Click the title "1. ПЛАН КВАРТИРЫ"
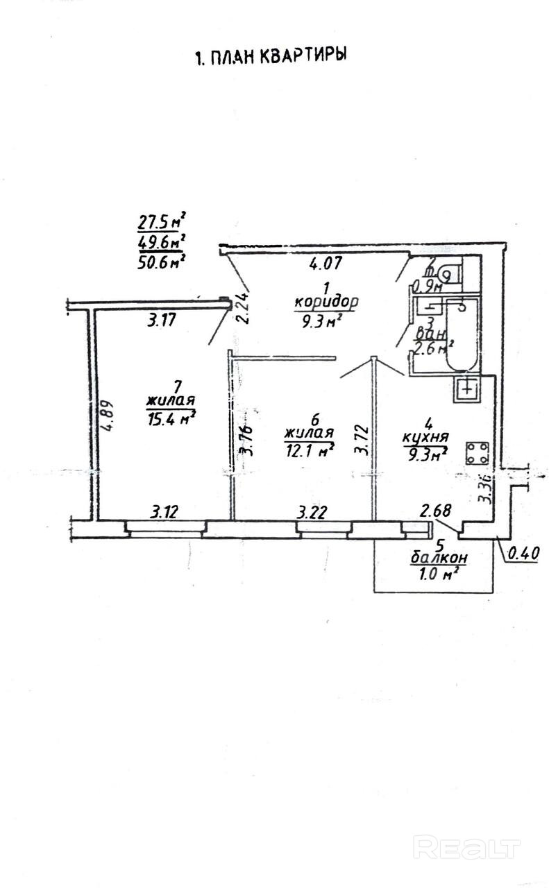coord(271,57)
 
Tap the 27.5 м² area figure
coord(164,223)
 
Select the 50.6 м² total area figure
coord(164,262)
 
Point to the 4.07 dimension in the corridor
coord(323,263)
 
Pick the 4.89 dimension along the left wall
coord(106,415)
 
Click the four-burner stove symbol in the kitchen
coord(478,453)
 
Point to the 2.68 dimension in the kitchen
coord(436,512)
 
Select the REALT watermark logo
coord(466,846)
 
